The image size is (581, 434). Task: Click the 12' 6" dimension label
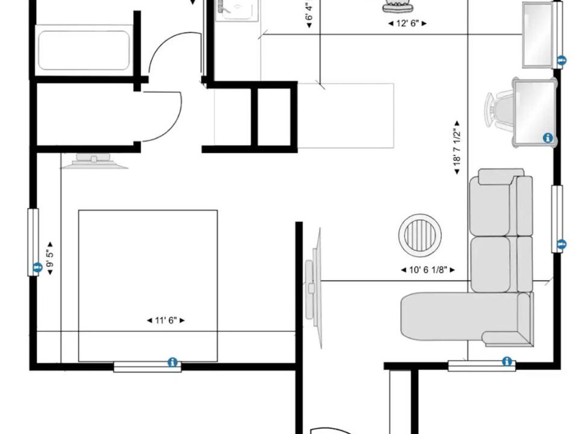(x=407, y=24)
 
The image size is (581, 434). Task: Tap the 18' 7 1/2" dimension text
(x=457, y=147)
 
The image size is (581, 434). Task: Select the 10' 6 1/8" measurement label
(x=428, y=270)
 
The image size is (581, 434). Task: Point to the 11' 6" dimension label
(x=166, y=320)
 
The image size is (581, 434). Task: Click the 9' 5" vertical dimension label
(x=50, y=259)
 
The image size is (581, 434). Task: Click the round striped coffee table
(x=420, y=234)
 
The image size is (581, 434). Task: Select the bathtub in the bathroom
(x=84, y=50)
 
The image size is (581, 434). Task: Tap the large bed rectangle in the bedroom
(x=148, y=286)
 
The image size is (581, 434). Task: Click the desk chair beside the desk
(x=499, y=110)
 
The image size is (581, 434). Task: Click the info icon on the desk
(x=548, y=138)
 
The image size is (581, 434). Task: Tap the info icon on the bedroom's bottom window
(x=173, y=362)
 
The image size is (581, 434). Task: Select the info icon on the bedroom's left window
(x=37, y=267)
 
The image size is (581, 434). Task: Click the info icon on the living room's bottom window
(x=507, y=361)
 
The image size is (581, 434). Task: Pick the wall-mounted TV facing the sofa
(x=314, y=288)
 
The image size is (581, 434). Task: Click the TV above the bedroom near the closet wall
(x=94, y=161)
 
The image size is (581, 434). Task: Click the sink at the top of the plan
(x=237, y=10)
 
